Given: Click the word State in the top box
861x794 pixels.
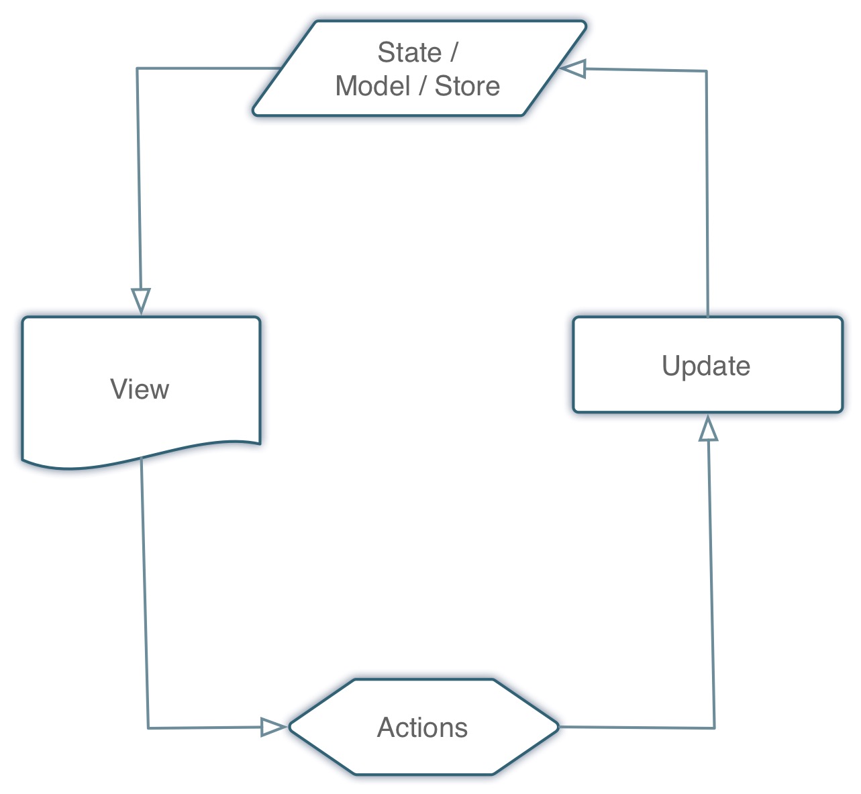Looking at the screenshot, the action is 409,52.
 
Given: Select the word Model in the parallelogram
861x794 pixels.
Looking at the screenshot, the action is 372,86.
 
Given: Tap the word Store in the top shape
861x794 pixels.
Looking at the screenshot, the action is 467,86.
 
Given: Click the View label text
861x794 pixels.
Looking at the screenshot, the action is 140,389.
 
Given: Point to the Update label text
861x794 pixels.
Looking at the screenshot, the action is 706,366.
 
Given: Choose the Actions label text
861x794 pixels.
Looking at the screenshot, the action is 422,728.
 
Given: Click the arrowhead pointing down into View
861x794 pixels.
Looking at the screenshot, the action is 141,300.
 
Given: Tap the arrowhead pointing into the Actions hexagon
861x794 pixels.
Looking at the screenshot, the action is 273,727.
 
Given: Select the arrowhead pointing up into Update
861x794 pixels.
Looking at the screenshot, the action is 708,428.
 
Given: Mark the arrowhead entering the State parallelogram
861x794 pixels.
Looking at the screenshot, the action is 572,68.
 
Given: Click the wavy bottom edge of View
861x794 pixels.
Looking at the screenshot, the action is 141,456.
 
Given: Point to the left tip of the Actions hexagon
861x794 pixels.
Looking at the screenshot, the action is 289,728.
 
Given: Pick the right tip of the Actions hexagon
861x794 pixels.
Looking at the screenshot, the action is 559,727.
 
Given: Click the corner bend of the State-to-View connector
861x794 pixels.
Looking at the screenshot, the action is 137,68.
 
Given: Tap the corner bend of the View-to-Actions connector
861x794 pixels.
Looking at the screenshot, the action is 148,728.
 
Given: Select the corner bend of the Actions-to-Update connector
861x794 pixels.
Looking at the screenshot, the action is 715,728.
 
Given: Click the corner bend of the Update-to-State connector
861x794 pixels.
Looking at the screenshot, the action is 707,71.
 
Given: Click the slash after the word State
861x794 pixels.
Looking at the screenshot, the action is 454,52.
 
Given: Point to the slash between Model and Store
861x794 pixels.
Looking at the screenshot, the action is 422,86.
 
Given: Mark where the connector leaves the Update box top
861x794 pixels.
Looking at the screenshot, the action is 708,317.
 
